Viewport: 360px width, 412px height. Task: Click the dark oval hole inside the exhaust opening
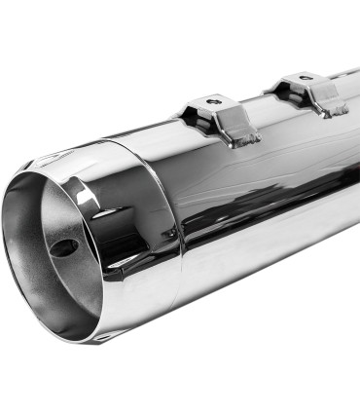point(63,247)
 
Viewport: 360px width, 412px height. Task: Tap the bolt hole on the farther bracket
point(305,76)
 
